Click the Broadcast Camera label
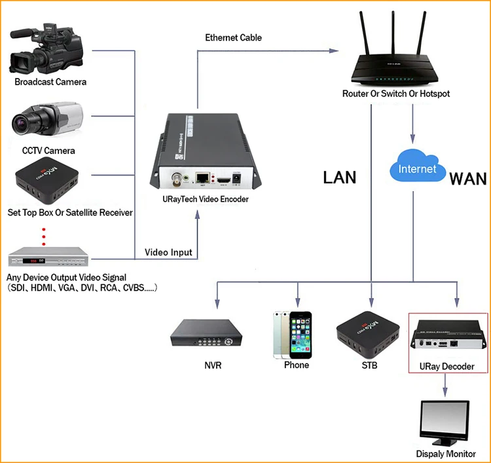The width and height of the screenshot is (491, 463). click(50, 82)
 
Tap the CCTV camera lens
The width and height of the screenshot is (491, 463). click(20, 122)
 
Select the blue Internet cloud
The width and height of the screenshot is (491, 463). click(418, 166)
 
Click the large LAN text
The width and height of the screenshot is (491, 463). click(339, 177)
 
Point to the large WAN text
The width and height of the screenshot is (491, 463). click(468, 179)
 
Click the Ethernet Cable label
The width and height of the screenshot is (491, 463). click(233, 37)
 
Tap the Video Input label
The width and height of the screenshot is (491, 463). click(168, 252)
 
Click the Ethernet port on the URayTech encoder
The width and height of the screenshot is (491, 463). click(202, 177)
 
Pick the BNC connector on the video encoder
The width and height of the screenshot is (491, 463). click(177, 179)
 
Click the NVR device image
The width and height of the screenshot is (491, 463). click(206, 333)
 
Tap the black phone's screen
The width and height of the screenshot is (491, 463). click(300, 335)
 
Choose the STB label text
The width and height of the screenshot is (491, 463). click(369, 365)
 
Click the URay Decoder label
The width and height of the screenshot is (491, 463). click(447, 366)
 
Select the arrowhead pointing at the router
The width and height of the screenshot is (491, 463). click(334, 50)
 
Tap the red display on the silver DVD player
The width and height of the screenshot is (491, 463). click(33, 261)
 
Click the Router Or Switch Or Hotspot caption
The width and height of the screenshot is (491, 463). click(396, 94)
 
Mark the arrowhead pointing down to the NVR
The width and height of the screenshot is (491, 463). click(217, 304)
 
